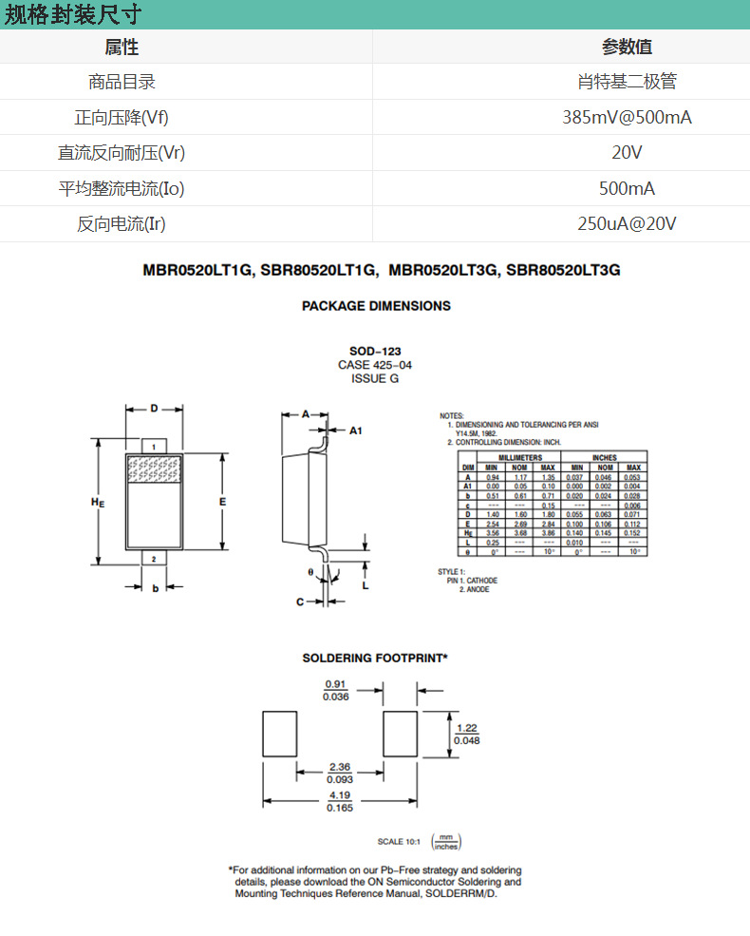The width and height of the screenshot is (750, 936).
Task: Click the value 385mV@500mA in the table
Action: click(x=627, y=118)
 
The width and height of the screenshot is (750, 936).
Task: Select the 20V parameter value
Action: click(x=627, y=153)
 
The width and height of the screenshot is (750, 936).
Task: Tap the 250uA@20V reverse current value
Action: click(x=627, y=224)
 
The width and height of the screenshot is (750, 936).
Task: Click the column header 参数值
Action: click(x=627, y=48)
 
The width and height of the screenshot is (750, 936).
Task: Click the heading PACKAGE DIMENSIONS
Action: click(x=376, y=306)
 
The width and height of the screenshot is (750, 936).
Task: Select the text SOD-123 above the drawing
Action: click(x=375, y=352)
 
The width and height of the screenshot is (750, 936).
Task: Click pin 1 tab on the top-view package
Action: click(x=154, y=446)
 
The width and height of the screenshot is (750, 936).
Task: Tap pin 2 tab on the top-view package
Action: click(x=154, y=559)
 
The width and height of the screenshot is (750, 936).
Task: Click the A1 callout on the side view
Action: click(x=356, y=430)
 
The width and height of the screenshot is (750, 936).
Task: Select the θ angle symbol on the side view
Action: click(x=309, y=572)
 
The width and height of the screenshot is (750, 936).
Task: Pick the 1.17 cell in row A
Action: click(x=519, y=477)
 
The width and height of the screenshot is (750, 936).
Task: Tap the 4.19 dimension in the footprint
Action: click(x=339, y=794)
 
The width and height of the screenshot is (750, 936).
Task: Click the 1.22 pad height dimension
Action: click(x=466, y=727)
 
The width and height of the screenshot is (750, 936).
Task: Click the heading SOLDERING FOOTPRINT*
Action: click(x=375, y=658)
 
